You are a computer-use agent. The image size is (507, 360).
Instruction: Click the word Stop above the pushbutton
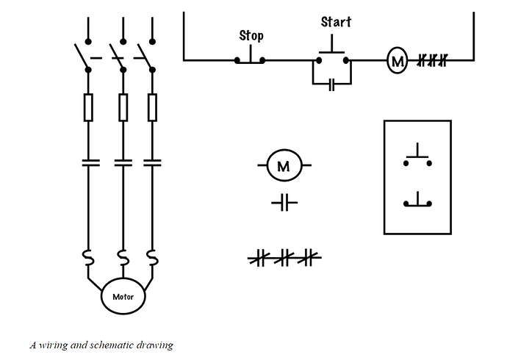point(251,35)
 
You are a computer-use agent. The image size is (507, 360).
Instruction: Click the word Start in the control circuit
point(336,22)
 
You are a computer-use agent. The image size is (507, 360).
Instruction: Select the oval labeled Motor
point(123,296)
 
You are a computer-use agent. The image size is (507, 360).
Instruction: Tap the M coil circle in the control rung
point(397,60)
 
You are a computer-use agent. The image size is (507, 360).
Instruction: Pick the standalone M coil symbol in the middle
point(284,165)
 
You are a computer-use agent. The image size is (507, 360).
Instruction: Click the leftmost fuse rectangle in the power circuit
point(88,107)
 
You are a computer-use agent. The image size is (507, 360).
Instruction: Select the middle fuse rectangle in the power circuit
point(123,107)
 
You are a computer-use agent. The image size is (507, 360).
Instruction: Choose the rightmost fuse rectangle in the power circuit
point(152,107)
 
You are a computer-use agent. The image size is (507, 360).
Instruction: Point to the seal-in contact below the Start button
point(331,84)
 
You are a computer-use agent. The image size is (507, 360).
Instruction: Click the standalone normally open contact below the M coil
point(284,203)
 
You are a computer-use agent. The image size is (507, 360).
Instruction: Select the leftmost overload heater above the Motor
point(88,258)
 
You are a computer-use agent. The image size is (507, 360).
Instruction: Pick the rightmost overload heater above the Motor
point(152,258)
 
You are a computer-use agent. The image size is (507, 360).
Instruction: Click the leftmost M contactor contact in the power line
point(90,162)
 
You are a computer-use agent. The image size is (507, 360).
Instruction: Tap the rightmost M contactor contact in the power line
point(152,162)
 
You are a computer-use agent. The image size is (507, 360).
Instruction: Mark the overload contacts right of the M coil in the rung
point(432,60)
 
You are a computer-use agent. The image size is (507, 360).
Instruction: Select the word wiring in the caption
point(53,345)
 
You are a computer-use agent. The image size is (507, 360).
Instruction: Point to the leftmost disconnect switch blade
point(82,57)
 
